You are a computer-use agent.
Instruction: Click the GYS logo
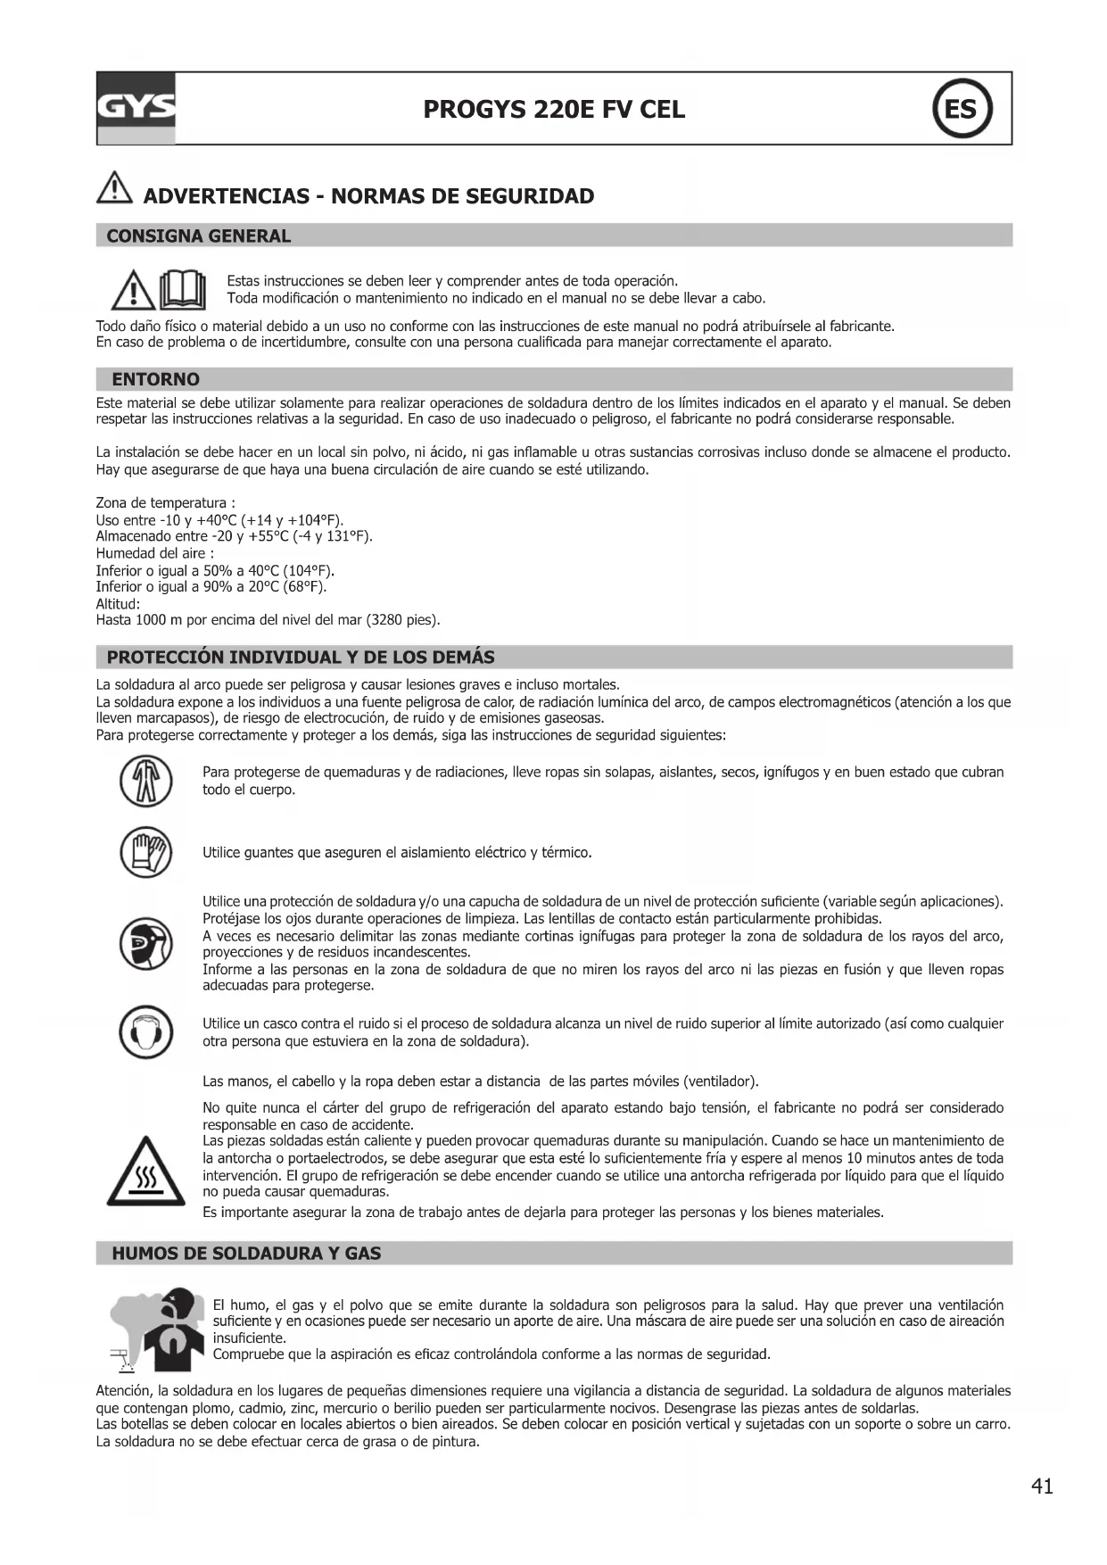click(136, 108)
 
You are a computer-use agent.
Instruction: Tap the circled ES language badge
click(962, 109)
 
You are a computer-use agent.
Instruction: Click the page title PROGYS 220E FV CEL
click(554, 110)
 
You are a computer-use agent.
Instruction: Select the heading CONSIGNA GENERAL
click(198, 236)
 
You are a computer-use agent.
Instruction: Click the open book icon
click(183, 289)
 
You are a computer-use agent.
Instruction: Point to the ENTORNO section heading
click(155, 379)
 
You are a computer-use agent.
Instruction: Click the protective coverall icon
click(145, 781)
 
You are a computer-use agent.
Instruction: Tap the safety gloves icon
click(145, 851)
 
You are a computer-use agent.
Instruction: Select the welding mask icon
click(145, 943)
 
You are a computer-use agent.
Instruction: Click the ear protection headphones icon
click(145, 1032)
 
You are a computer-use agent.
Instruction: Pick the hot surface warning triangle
click(145, 1172)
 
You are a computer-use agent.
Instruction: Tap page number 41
click(1042, 1486)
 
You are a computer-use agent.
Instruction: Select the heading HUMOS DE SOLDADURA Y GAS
click(246, 1254)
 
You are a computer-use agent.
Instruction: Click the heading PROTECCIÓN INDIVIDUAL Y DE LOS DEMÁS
click(301, 658)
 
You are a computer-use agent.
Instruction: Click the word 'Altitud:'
click(118, 604)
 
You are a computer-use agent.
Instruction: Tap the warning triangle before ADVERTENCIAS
click(113, 189)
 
